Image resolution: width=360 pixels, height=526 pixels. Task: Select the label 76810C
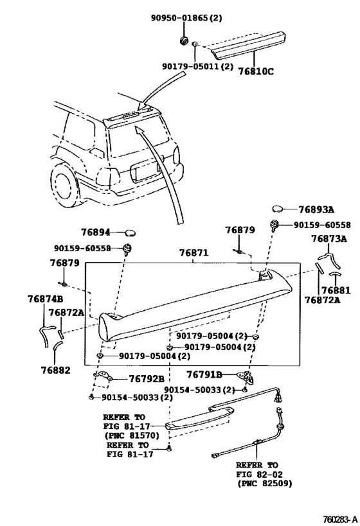[x=255, y=71]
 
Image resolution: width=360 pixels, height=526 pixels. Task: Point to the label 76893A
[x=318, y=209]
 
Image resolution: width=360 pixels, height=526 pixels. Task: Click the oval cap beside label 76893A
[x=279, y=209]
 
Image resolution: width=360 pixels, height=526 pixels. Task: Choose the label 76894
[x=96, y=232]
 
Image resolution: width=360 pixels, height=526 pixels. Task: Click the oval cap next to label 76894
[x=129, y=232]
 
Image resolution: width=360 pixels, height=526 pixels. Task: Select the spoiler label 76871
[x=193, y=254]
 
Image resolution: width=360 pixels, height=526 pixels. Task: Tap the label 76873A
[x=328, y=239]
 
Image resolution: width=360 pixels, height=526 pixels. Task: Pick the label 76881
[x=335, y=290]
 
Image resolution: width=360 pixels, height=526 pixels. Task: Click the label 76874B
[x=45, y=299]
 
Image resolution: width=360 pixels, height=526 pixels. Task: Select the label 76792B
[x=147, y=379]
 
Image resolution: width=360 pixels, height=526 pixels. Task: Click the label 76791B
[x=204, y=374]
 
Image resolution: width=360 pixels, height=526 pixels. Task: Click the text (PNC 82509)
[x=264, y=482]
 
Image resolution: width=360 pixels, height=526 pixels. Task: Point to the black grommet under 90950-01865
[x=183, y=42]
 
